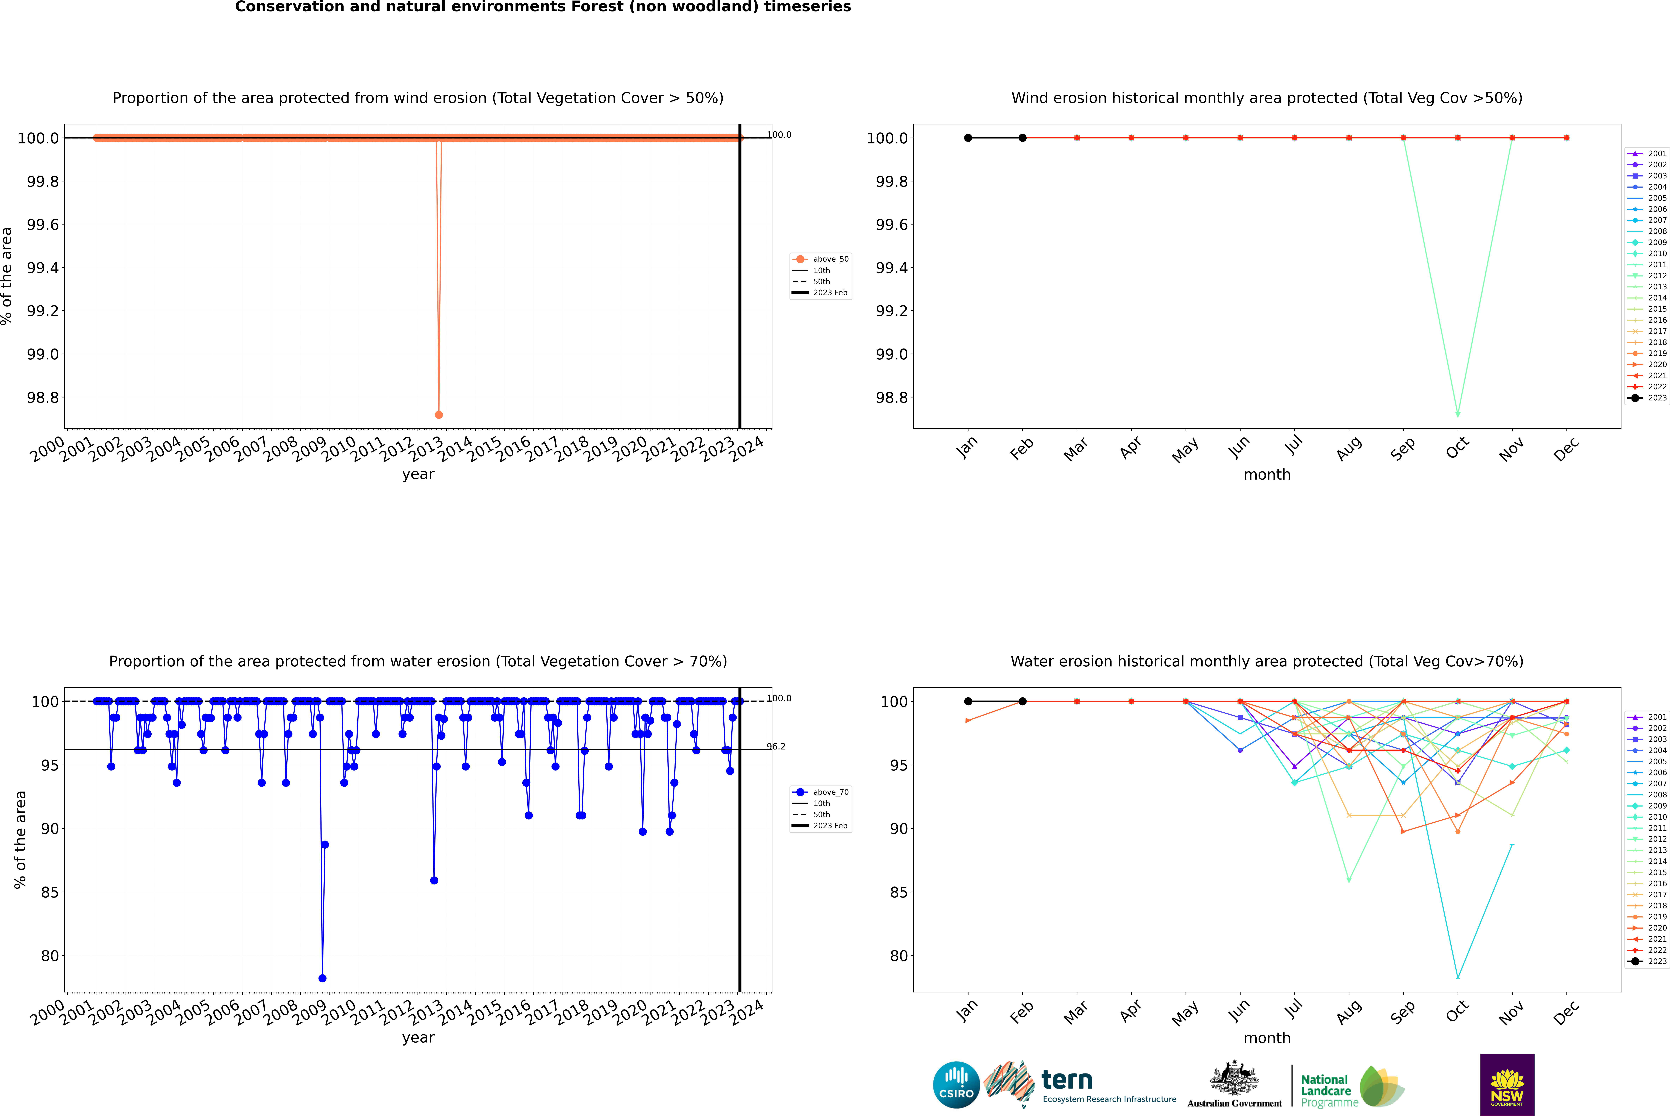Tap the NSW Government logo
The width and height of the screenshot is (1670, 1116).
pyautogui.click(x=1507, y=1085)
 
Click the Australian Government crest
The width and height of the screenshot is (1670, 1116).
pyautogui.click(x=1234, y=1078)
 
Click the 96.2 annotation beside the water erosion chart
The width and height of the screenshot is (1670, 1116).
pyautogui.click(x=776, y=747)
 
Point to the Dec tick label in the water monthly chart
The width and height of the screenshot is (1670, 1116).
pyautogui.click(x=1565, y=1012)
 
